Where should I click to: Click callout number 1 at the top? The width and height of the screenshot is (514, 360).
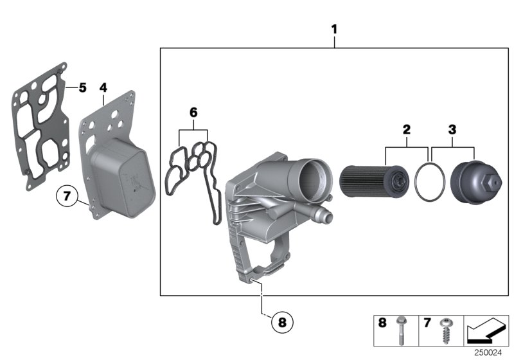[334, 30]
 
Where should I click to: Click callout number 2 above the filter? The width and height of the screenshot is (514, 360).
[406, 130]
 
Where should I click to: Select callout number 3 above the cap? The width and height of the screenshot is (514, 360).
[452, 130]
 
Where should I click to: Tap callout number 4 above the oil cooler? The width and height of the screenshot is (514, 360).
[103, 86]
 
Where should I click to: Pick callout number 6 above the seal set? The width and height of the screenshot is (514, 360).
[193, 113]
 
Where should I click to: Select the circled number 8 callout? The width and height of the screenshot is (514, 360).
[281, 321]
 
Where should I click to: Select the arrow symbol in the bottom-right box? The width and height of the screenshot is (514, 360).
[486, 330]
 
